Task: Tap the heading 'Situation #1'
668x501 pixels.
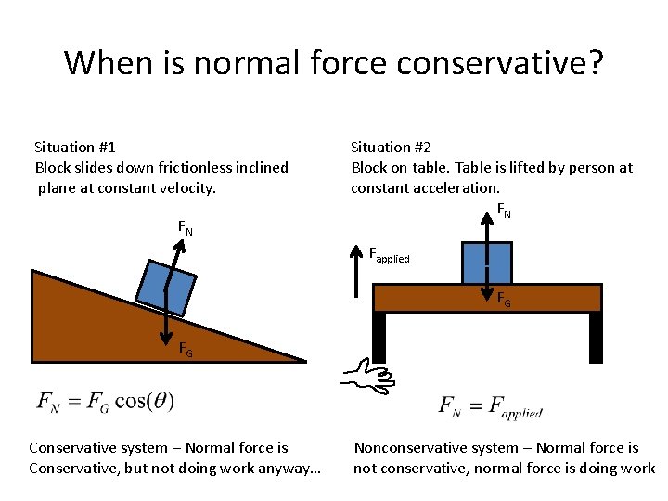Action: coord(75,147)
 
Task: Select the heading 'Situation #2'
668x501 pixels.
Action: coord(391,147)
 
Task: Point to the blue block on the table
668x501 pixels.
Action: coord(485,262)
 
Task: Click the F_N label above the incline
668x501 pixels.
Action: coord(186,226)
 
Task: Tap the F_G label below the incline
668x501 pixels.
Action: coord(186,350)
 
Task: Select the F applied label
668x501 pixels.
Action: coord(389,254)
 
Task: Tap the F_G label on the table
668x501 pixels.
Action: coord(503,300)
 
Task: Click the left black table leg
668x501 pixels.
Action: coord(379,337)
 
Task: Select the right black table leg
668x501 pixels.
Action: coord(596,337)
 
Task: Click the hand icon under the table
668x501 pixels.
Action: coord(367,376)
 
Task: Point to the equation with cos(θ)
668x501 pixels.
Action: coord(105,402)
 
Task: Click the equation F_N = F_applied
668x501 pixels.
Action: coord(490,406)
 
